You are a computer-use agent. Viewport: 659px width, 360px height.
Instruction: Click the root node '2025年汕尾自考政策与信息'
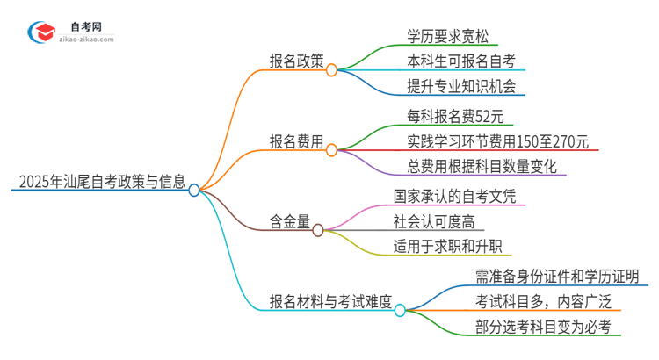point(102,184)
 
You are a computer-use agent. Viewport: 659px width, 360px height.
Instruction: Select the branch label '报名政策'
point(296,61)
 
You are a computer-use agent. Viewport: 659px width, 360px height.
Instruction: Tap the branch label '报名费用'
point(296,140)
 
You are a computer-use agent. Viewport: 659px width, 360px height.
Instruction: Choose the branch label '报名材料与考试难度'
point(330,301)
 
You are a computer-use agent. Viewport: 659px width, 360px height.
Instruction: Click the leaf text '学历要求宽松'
point(448,37)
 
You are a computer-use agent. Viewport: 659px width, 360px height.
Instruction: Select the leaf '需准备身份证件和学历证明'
point(549,277)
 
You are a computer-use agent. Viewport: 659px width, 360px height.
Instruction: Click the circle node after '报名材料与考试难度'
point(400,310)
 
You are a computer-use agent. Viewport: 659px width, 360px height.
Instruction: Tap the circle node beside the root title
point(194,190)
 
